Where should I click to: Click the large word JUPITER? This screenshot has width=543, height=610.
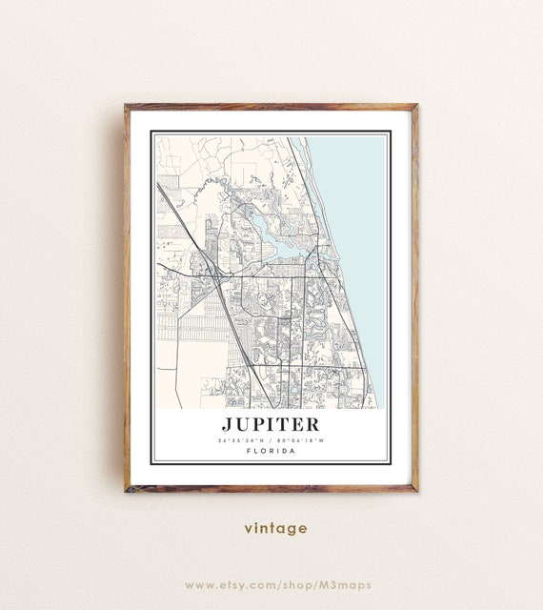point(271,423)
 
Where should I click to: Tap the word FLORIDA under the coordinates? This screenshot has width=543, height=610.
point(271,451)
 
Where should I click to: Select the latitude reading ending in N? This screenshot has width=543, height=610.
point(242,439)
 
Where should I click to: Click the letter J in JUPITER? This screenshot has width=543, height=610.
point(228,423)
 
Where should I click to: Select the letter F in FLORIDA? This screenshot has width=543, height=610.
point(249,451)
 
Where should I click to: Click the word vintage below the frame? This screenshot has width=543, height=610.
point(275,528)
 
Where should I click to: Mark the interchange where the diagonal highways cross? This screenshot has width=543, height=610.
point(217,276)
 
